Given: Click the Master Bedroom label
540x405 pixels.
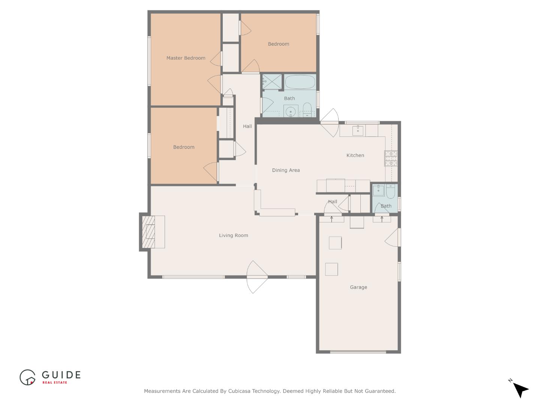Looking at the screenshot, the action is coord(186,58).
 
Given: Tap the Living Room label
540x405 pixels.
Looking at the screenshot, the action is coord(234,235).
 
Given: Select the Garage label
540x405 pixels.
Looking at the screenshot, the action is coord(358,287).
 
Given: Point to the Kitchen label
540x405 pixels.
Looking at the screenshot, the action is coord(355,155).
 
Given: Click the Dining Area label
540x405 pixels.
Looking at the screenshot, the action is coord(286,170).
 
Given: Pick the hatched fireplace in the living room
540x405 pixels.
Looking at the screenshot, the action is coord(148,232).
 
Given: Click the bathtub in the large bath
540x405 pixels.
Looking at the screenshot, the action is coord(300,82).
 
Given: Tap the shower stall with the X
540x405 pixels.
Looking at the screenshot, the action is coord(272,82).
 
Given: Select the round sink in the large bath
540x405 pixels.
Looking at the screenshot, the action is coord(291,112).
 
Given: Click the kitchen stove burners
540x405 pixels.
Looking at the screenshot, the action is coord(391,158).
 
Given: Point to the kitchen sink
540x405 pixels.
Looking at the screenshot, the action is coord(358,130).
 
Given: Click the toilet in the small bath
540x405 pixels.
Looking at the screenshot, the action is coord(390,191).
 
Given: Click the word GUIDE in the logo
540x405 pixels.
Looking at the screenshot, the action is coord(61,375).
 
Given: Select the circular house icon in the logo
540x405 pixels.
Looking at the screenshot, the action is coord(27,377).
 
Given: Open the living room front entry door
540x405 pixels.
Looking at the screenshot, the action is coord(257,277).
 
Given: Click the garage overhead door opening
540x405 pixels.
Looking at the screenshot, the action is coord(358,352).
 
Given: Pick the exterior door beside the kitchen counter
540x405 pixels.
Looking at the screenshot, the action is coord(329,123).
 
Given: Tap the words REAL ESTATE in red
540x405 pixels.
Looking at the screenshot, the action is coord(55,382).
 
